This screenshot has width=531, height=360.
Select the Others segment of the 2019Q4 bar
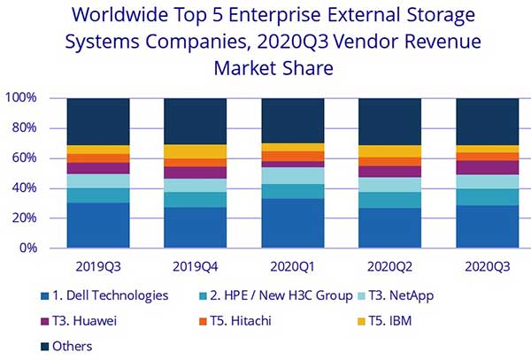pos(196,121)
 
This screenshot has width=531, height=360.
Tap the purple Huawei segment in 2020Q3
pos(487,167)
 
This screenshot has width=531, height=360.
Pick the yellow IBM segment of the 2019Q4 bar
pos(196,151)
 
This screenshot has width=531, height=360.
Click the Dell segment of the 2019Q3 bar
pos(98,226)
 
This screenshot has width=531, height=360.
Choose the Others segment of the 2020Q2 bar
pos(389,121)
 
